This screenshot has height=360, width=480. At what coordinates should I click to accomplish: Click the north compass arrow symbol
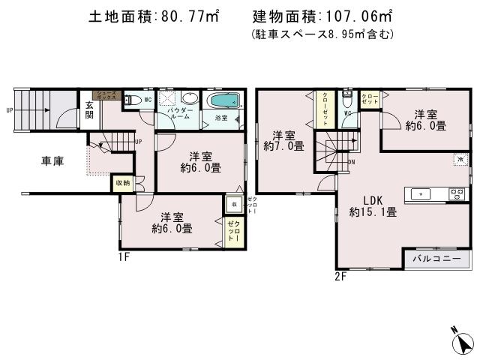464,343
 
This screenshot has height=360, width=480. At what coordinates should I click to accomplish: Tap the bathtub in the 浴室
223,101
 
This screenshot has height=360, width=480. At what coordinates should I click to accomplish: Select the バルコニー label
437,259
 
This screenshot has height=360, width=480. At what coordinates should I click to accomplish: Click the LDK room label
373,200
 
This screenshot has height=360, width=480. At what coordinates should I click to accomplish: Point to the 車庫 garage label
52,160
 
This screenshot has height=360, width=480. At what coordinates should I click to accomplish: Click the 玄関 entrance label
89,109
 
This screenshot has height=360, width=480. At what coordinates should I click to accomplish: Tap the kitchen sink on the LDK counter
420,194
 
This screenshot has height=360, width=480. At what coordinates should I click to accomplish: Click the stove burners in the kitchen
457,194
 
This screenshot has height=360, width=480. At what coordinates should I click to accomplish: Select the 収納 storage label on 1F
122,182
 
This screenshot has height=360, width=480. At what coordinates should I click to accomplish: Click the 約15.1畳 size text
373,212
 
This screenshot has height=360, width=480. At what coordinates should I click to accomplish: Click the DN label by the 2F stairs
352,161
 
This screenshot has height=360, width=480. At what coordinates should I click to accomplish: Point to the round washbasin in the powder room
190,99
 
